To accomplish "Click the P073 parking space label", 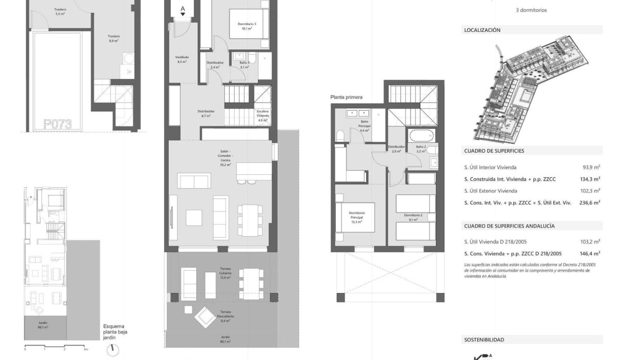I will pyautogui.click(x=57, y=124).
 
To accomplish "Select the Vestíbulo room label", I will pyautogui.click(x=182, y=59).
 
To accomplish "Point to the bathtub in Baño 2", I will pyautogui.click(x=418, y=136).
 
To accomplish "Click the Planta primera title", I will pyautogui.click(x=347, y=97).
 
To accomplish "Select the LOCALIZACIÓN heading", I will pyautogui.click(x=482, y=30).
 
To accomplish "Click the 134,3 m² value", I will pyautogui.click(x=590, y=179).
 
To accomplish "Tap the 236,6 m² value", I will pyautogui.click(x=590, y=203).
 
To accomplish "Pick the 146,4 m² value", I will pyautogui.click(x=590, y=254).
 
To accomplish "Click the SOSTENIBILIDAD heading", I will pyautogui.click(x=484, y=340).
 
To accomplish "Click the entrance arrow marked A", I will pyautogui.click(x=183, y=10).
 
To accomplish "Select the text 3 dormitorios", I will pyautogui.click(x=531, y=10).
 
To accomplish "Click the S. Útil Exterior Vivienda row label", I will pyautogui.click(x=494, y=191).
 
